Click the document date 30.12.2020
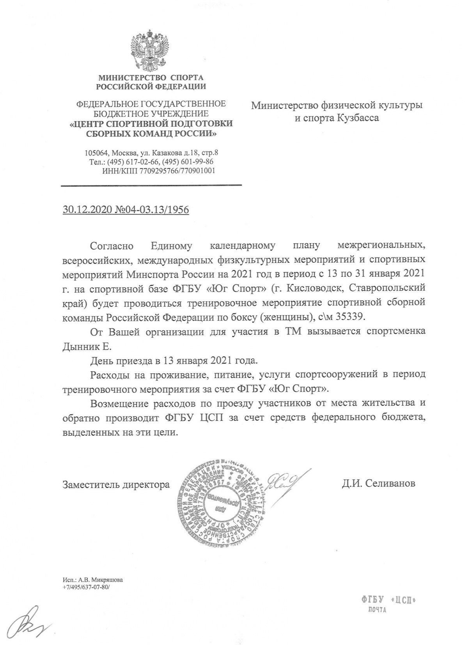88,210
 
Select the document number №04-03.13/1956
152,210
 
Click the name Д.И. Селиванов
378,484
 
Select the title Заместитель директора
116,485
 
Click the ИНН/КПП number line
158,170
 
